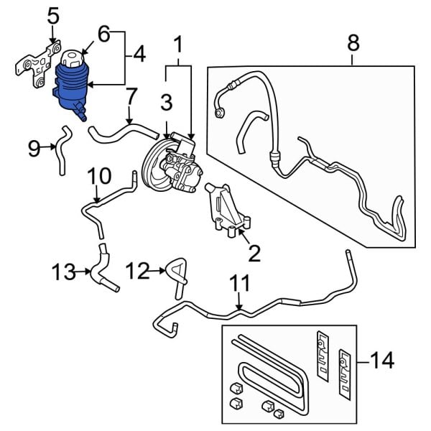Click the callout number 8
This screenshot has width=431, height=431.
point(353,42)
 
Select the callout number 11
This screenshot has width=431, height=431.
point(237,282)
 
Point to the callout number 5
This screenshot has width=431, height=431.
point(52,14)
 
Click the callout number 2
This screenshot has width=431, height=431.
point(254,252)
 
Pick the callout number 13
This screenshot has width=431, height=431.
point(62,272)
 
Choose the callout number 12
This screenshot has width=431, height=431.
point(136,271)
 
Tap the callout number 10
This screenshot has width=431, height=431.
point(99,175)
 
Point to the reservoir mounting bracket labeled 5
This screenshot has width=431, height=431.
point(34,66)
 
